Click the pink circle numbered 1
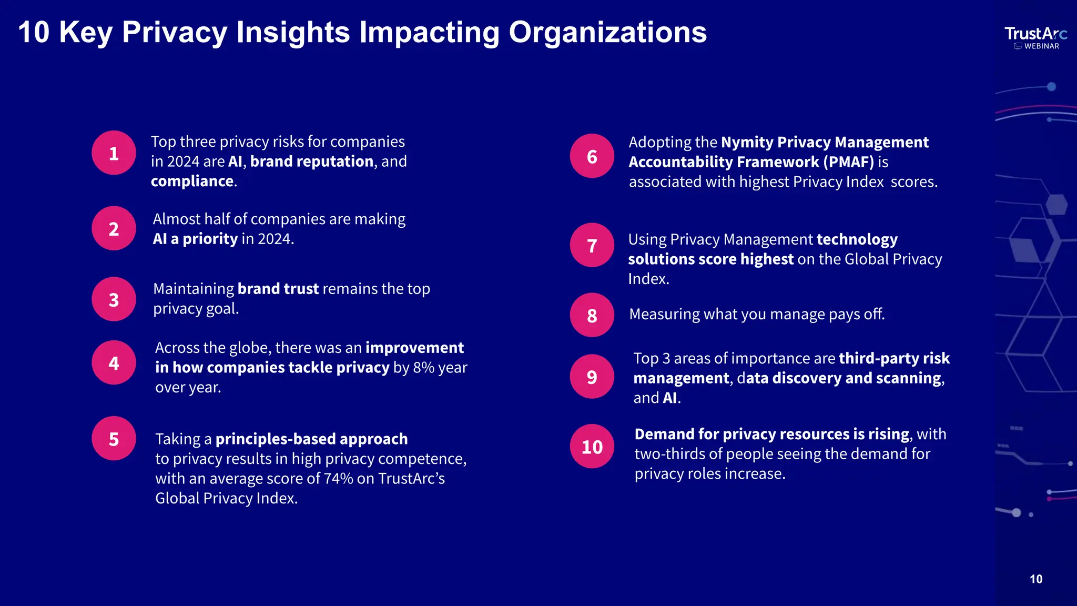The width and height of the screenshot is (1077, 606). point(114,153)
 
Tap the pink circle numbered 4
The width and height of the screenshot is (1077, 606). point(114,363)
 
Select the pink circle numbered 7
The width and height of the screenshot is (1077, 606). point(592,245)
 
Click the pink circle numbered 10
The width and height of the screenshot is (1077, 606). point(592,447)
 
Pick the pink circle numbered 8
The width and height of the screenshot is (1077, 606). point(592,315)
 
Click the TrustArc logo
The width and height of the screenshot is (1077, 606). point(1035,34)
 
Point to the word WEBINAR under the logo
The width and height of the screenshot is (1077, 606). point(1041,46)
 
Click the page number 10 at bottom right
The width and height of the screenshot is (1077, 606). point(1035,579)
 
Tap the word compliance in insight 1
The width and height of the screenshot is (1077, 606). point(192,181)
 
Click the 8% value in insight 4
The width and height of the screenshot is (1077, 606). point(423,368)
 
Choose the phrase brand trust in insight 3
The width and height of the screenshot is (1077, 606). point(278,289)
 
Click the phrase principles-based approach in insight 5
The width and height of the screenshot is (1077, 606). point(311,439)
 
